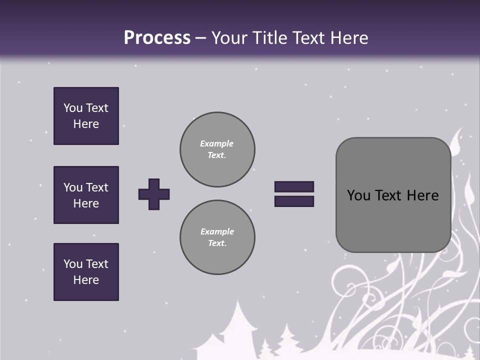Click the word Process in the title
pyautogui.click(x=157, y=38)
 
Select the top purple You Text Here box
pyautogui.click(x=86, y=116)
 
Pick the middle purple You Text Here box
pyautogui.click(x=86, y=195)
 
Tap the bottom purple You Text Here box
pyautogui.click(x=86, y=272)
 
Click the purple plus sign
pyautogui.click(x=154, y=194)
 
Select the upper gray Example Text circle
pyautogui.click(x=217, y=149)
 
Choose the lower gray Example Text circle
pyautogui.click(x=217, y=237)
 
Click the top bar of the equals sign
pyautogui.click(x=294, y=187)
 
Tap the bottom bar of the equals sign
pyautogui.click(x=294, y=201)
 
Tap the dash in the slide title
pyautogui.click(x=201, y=38)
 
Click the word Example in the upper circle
pyautogui.click(x=216, y=143)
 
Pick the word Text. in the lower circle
pyautogui.click(x=217, y=243)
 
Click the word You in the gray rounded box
pyautogui.click(x=358, y=195)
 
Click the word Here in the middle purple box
pyautogui.click(x=86, y=203)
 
